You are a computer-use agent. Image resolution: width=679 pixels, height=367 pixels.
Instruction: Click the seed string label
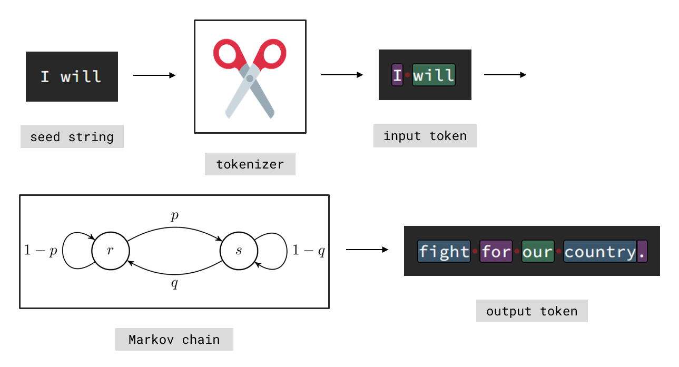click(x=72, y=137)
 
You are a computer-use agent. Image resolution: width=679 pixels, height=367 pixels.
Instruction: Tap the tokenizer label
click(x=250, y=164)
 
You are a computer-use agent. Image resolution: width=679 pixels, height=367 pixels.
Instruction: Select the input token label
click(x=425, y=136)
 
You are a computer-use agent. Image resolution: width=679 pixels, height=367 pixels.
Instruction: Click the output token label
click(x=532, y=311)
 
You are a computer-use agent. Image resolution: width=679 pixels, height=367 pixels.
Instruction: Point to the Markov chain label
click(x=174, y=340)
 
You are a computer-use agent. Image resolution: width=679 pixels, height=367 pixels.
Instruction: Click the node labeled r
click(x=110, y=251)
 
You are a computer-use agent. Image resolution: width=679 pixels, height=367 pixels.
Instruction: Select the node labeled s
click(x=239, y=251)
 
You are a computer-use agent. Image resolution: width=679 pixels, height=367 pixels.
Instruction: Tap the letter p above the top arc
click(x=175, y=215)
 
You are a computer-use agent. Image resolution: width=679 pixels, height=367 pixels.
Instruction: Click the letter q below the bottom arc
click(x=175, y=284)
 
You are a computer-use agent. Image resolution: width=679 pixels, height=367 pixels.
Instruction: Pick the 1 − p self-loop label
click(x=41, y=251)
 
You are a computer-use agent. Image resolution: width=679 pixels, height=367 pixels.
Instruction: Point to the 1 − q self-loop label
click(x=309, y=251)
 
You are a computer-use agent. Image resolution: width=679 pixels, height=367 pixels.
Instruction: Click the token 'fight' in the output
click(x=444, y=252)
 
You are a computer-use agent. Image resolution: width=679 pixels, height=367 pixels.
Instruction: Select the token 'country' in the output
click(x=599, y=252)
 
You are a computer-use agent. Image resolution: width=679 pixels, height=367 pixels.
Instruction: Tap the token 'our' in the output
click(x=537, y=252)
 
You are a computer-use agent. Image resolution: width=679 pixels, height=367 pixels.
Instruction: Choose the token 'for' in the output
click(x=496, y=252)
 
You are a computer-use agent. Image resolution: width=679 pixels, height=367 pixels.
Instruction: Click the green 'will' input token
click(x=433, y=75)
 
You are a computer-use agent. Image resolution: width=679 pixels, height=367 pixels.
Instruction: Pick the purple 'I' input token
click(x=397, y=75)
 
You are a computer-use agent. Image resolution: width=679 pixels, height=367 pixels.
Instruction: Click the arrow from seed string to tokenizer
click(x=154, y=76)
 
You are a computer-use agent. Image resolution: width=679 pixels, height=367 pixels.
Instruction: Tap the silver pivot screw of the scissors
click(x=250, y=78)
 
